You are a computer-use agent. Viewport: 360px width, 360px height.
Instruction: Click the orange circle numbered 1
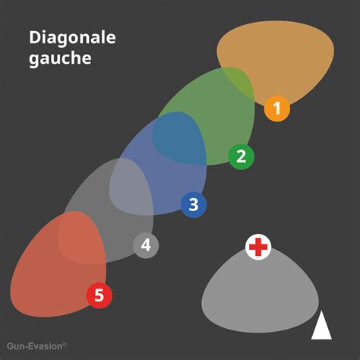point(277,109)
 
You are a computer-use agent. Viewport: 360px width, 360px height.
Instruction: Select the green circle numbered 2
point(241,156)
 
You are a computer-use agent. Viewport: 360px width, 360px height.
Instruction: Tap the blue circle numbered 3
point(194,204)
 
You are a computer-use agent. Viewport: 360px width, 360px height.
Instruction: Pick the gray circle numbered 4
point(146,245)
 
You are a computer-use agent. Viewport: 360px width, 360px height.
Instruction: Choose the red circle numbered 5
point(99,295)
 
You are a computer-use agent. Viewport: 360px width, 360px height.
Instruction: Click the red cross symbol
point(258,247)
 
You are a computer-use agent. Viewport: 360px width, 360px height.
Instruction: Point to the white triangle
point(321,325)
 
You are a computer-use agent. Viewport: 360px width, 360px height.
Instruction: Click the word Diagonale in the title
point(72,37)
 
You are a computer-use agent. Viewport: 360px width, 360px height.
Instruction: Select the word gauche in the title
point(60,58)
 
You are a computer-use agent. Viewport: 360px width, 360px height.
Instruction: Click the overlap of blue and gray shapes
point(131,186)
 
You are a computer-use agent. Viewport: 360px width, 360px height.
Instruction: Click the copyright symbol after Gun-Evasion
point(65,344)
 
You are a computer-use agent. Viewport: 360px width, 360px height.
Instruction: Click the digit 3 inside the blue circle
point(194,204)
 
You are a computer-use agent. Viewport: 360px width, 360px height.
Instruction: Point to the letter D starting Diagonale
point(34,38)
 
